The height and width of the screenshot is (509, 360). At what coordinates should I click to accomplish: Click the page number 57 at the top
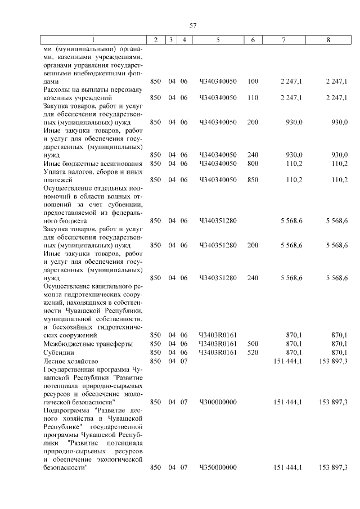click(x=193, y=25)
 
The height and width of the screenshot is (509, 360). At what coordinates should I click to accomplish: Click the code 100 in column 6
click(x=253, y=82)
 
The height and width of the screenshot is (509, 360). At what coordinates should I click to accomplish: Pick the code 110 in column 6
click(x=253, y=98)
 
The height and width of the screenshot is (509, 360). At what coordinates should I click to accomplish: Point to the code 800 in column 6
click(x=253, y=163)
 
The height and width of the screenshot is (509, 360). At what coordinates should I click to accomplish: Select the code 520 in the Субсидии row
click(x=253, y=352)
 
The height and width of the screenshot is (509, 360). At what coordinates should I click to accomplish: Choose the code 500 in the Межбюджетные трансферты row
click(x=253, y=344)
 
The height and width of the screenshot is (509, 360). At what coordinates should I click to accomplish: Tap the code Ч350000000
click(x=218, y=467)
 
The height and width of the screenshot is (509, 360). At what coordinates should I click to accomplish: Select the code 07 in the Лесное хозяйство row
click(x=183, y=360)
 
